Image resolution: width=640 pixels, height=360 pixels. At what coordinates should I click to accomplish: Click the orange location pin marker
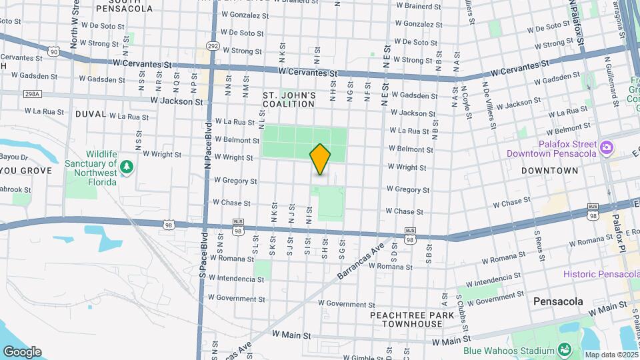click(x=320, y=159)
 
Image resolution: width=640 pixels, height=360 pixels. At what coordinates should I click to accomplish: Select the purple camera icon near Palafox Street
click(x=606, y=147)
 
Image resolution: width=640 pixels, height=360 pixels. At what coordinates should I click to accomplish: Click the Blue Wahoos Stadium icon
click(x=564, y=350)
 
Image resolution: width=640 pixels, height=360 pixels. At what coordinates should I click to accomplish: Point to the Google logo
click(x=22, y=352)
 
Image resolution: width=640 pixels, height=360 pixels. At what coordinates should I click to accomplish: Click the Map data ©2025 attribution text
click(x=611, y=355)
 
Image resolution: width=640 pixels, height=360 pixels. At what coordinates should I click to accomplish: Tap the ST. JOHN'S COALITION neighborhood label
click(x=289, y=99)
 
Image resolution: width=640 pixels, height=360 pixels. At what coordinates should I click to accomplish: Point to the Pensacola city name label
click(x=559, y=301)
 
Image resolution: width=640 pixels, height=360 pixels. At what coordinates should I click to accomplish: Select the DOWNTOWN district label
click(x=550, y=171)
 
